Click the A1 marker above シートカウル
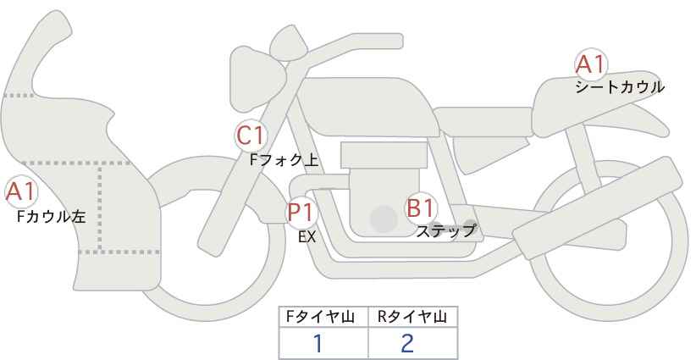point(590,64)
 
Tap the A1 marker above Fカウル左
point(20,193)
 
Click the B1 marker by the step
point(421,208)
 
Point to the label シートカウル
point(619,86)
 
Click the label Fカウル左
point(51,217)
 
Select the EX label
point(307,237)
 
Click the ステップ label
point(446,230)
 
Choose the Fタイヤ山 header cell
point(323,317)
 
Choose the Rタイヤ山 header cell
point(412,317)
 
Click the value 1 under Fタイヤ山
point(318,343)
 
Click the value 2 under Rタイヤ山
point(407,343)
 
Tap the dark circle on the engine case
point(384,219)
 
